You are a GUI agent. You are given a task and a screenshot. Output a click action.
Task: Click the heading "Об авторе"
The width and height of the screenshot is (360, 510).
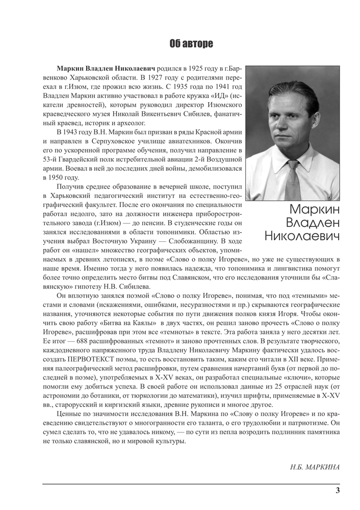pos(191,44)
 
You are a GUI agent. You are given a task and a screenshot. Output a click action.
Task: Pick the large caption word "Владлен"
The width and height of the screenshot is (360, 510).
pos(305,222)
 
